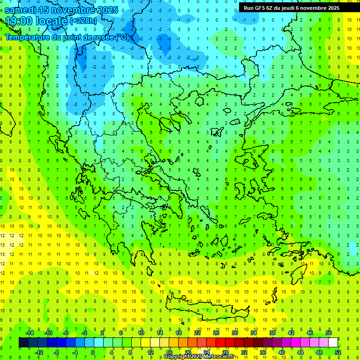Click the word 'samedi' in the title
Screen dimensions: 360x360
(21, 10)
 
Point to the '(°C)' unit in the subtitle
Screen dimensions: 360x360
(122, 37)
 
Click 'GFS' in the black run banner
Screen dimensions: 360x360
(258, 7)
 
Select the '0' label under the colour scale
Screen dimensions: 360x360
(92, 352)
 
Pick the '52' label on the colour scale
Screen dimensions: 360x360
(338, 352)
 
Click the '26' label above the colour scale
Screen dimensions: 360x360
(216, 333)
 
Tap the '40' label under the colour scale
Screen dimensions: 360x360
(282, 352)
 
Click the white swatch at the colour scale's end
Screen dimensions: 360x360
(333, 343)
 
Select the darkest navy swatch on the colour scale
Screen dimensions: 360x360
(23, 343)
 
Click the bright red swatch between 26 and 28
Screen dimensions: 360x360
(221, 343)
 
